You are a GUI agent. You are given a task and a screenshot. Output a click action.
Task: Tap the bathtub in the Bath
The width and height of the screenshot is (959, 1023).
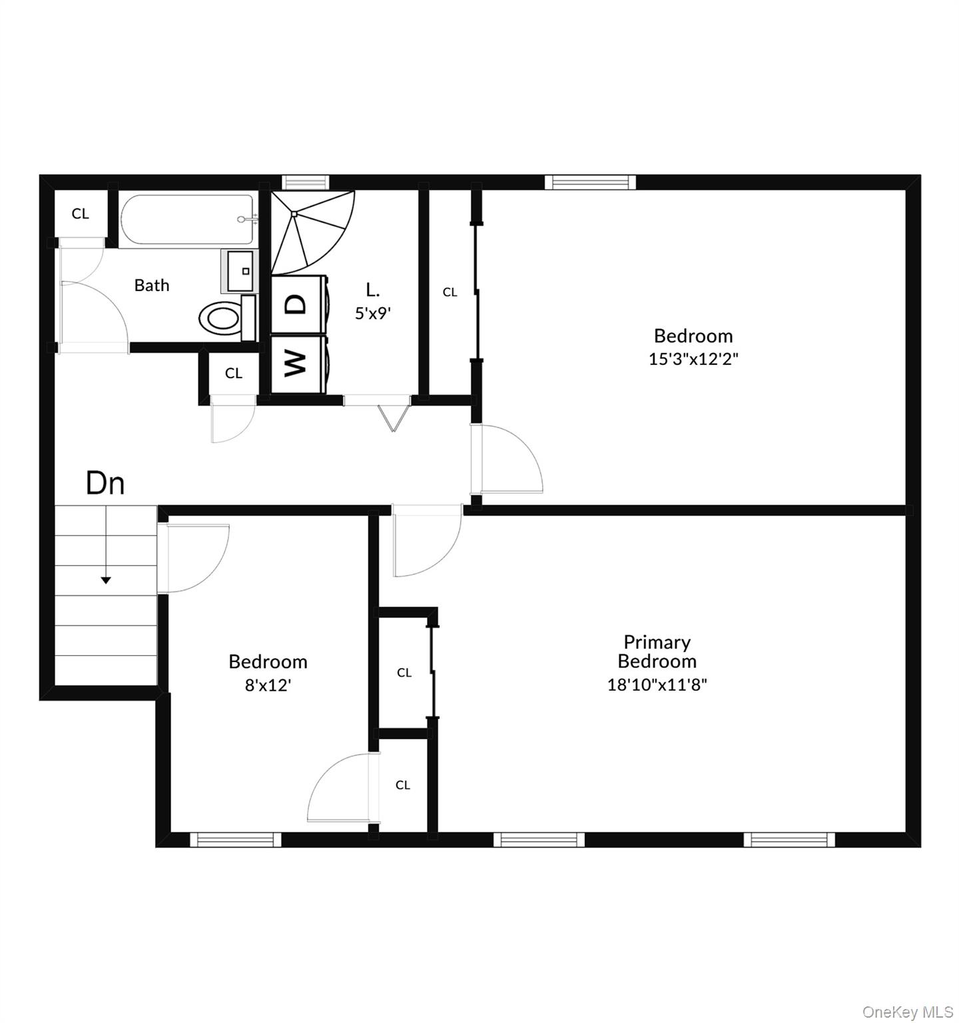tap(186, 219)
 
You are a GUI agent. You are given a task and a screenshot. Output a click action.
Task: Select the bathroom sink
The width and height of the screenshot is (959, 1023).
tap(240, 270)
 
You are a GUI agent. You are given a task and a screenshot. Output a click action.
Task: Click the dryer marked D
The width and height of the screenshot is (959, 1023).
tap(297, 304)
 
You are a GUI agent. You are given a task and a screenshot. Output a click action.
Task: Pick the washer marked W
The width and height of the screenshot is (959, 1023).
tap(297, 363)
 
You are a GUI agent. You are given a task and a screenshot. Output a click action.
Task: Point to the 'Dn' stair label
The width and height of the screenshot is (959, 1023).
tap(105, 483)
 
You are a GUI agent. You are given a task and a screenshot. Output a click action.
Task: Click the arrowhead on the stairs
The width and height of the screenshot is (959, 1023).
tap(105, 580)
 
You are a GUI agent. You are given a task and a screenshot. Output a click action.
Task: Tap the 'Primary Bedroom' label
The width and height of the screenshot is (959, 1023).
tap(657, 651)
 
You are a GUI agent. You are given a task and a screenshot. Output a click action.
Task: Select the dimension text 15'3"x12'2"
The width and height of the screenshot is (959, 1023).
tap(693, 359)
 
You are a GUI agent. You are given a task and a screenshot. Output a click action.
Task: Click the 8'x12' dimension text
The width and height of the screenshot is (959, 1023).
tap(268, 685)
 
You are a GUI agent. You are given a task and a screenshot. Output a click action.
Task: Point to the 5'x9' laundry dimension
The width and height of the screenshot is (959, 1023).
tap(372, 313)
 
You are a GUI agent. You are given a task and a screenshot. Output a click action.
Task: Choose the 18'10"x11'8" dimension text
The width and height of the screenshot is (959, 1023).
tap(657, 684)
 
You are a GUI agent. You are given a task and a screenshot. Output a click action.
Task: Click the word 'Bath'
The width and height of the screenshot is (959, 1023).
tap(152, 285)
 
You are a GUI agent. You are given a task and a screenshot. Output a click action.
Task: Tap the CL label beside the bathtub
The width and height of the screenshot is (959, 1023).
tap(80, 214)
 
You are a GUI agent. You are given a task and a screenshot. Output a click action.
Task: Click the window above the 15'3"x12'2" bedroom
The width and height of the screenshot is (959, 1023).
tap(590, 182)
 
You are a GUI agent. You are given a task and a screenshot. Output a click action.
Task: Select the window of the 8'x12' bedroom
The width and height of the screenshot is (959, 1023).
tap(236, 839)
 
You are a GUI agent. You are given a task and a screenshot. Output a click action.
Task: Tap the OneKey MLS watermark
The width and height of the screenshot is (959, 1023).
tap(908, 1012)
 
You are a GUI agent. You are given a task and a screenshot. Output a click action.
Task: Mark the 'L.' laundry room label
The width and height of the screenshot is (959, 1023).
tap(373, 290)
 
